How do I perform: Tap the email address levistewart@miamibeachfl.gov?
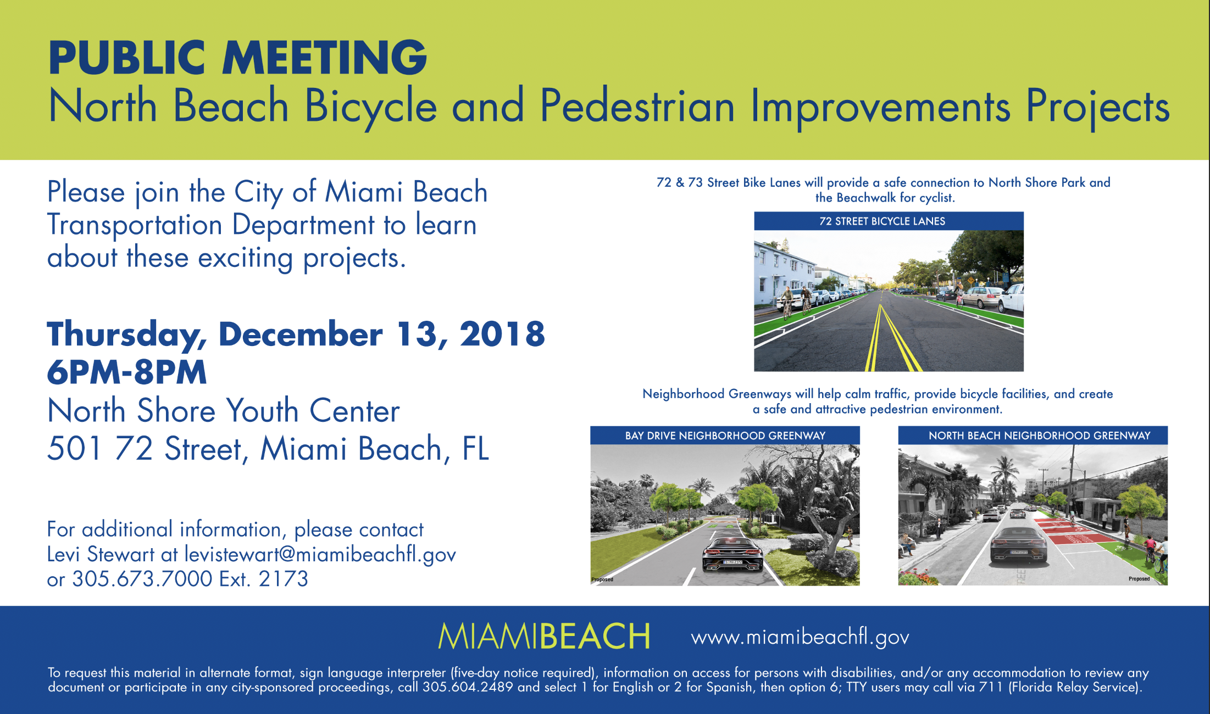[320, 555]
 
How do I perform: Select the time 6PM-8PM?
[127, 372]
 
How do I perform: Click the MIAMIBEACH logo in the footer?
[544, 636]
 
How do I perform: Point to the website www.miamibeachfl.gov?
[800, 638]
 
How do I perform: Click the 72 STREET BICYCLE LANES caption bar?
[889, 221]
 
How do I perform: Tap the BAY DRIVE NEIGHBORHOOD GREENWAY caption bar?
[725, 436]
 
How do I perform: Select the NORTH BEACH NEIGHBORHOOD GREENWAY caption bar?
[1033, 436]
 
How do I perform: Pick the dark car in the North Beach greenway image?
[1018, 540]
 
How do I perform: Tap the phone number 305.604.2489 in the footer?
[468, 687]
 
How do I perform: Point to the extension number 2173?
[284, 579]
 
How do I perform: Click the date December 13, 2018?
[382, 334]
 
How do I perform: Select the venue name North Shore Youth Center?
[224, 411]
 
